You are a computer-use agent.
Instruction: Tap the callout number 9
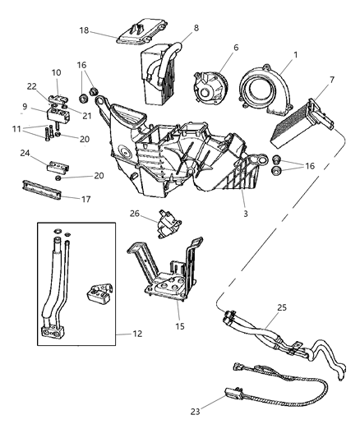[x=25, y=105]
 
